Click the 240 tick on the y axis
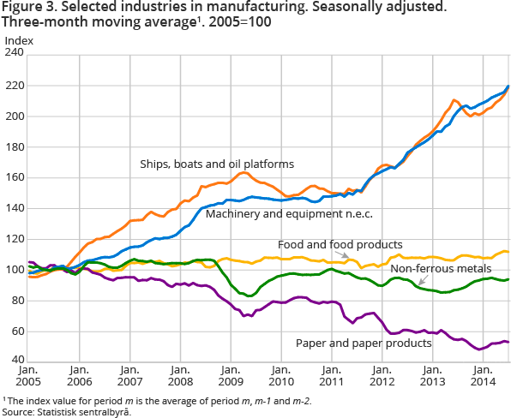[x=15, y=54]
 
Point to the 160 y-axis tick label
[x=15, y=178]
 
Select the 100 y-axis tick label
[x=15, y=270]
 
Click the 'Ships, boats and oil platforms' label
[x=217, y=164]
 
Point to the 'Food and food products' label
[x=340, y=244]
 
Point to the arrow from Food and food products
[x=346, y=255]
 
